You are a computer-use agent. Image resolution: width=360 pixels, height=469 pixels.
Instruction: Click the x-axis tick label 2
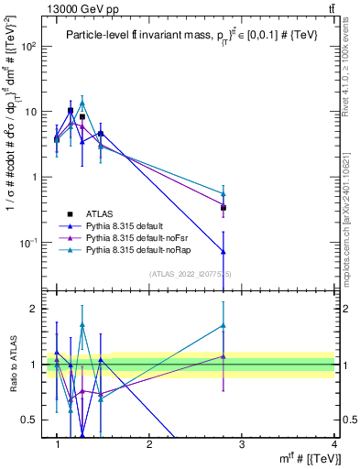[x=149, y=444]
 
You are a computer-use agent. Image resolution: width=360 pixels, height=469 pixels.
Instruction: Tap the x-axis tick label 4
[x=334, y=444]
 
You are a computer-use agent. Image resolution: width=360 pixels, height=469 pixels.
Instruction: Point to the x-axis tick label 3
[x=242, y=444]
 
